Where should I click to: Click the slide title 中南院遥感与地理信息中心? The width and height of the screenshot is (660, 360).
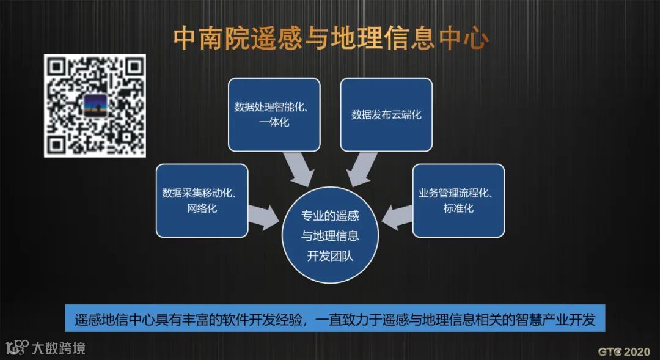pos(331,38)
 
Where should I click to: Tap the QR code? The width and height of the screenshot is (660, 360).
pos(95,105)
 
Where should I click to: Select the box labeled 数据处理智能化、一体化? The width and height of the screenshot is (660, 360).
pos(274,114)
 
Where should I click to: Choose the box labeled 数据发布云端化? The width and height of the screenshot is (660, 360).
pos(386,114)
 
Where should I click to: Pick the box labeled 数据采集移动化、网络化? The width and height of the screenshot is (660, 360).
pos(202,200)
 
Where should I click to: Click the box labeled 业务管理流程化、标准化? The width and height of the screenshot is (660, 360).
pos(458,200)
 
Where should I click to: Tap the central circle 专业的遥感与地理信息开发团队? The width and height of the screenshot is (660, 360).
pos(330,235)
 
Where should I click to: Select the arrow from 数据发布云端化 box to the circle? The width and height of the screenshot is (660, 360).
pos(361,167)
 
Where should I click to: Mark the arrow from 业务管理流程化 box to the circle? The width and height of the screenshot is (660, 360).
pos(397,215)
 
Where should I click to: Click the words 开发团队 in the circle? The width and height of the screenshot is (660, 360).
pos(330,256)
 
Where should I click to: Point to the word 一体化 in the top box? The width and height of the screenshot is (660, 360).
pos(274,123)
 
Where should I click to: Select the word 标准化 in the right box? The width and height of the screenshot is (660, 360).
pos(458,209)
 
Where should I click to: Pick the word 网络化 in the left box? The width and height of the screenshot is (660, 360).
pos(202,209)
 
